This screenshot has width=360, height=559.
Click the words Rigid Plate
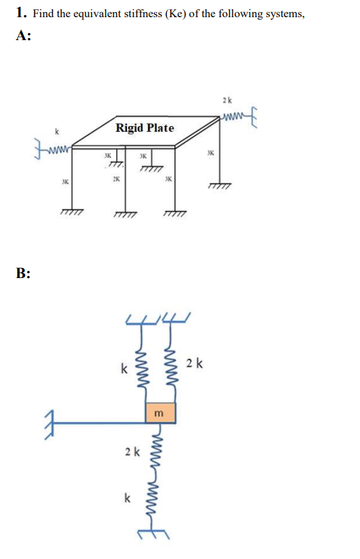(144, 128)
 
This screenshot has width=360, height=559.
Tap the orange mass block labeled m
(160, 413)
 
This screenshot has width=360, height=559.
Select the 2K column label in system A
(116, 178)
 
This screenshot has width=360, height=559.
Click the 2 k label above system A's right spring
(227, 100)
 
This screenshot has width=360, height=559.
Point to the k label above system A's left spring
(56, 132)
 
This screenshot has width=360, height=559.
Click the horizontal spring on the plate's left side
(60, 148)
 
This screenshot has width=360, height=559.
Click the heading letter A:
(23, 36)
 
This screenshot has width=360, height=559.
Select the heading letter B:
(23, 273)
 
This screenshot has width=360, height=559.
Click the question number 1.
(21, 13)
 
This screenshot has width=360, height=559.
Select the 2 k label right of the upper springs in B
(194, 363)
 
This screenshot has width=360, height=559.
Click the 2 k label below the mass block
(133, 452)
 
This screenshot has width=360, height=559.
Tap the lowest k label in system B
(127, 497)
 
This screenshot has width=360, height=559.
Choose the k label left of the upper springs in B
(124, 368)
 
